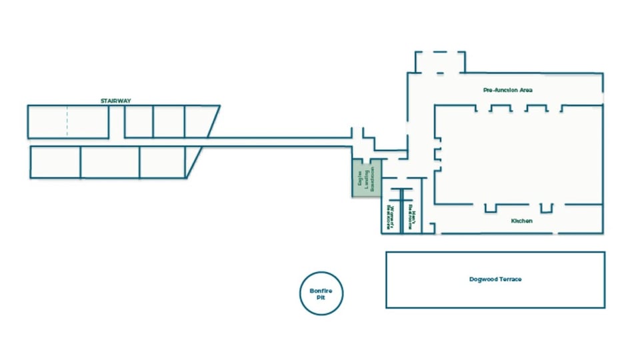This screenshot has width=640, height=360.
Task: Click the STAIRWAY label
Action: [x=115, y=101]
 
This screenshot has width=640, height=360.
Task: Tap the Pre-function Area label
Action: [x=507, y=90]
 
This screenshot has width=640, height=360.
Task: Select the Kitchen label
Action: [x=521, y=221]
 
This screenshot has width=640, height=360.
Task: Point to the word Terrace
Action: [x=510, y=279]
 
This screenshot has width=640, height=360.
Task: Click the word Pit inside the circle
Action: [x=321, y=298]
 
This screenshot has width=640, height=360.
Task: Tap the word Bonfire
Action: [x=321, y=291]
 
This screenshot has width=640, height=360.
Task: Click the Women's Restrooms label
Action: [x=388, y=217]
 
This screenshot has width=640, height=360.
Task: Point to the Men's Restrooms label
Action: [x=413, y=220]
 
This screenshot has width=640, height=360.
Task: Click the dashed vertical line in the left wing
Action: [x=67, y=121]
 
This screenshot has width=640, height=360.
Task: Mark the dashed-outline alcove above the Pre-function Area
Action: [x=439, y=62]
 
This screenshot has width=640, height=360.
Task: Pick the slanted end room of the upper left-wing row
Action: [x=199, y=121]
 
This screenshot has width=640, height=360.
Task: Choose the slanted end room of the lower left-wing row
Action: [x=189, y=162]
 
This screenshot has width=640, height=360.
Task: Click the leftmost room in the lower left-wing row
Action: [x=55, y=162]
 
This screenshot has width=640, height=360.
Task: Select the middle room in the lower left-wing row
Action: [x=109, y=162]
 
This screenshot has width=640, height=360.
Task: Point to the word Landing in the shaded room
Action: [x=367, y=180]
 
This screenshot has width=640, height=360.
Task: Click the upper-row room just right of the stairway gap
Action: [x=139, y=121]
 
